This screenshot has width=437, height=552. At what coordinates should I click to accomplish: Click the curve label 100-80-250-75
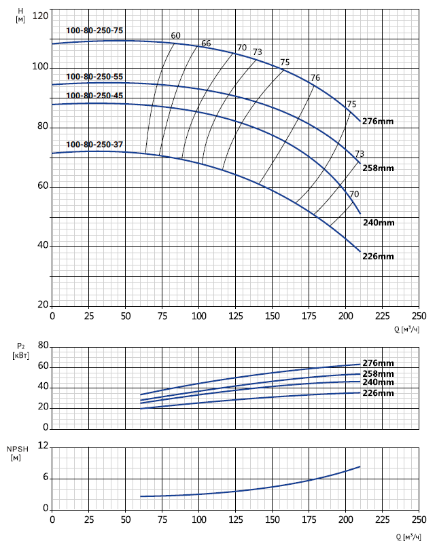tap(94, 30)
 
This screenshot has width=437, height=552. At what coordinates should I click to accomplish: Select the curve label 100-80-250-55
tap(94, 77)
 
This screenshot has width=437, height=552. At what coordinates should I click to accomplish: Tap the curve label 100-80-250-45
tap(94, 96)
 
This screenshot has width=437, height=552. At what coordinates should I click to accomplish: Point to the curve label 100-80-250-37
tap(94, 144)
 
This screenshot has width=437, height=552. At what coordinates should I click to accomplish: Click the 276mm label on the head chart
tap(379, 122)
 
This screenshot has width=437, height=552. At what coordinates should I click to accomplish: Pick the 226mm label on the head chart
tap(379, 256)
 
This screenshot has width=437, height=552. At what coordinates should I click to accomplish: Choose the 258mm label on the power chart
tap(379, 374)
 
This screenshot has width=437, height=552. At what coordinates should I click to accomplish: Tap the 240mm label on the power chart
tap(379, 383)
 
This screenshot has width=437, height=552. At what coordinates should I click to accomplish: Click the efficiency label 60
tap(176, 35)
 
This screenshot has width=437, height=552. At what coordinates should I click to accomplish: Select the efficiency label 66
tap(206, 43)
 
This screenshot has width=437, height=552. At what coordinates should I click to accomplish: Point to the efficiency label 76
tap(315, 77)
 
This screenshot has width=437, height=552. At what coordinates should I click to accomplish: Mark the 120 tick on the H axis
tap(40, 15)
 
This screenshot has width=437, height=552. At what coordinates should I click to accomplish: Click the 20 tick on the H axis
tap(42, 306)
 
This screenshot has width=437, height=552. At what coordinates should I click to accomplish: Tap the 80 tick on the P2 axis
tap(42, 346)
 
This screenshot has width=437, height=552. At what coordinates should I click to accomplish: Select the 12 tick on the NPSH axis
tap(43, 445)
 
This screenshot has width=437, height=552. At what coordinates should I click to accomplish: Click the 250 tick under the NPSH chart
tap(419, 519)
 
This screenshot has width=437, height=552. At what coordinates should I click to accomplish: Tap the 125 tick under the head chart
tap(235, 316)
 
